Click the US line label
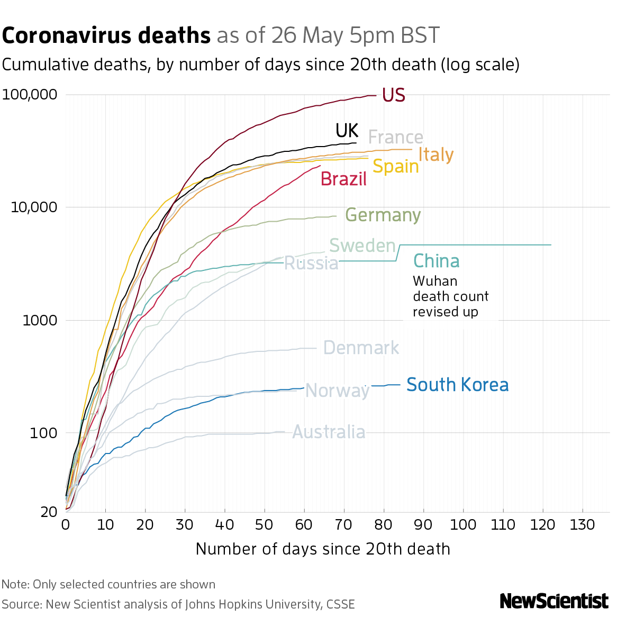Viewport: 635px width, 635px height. pyautogui.click(x=393, y=95)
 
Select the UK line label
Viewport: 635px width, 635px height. pyautogui.click(x=347, y=131)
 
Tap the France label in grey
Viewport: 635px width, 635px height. pyautogui.click(x=395, y=138)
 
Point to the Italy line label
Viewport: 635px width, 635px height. pyautogui.click(x=436, y=155)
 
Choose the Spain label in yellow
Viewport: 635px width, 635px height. pyautogui.click(x=395, y=167)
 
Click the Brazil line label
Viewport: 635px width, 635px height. pyautogui.click(x=343, y=179)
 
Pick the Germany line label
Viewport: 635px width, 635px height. pyautogui.click(x=383, y=215)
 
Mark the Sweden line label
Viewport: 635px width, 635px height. pyautogui.click(x=362, y=246)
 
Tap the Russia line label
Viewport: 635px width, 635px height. pyautogui.click(x=311, y=263)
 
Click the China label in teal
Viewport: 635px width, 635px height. pyautogui.click(x=436, y=261)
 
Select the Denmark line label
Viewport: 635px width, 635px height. pyautogui.click(x=361, y=348)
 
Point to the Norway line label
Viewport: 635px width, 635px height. pyautogui.click(x=337, y=391)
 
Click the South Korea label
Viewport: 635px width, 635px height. pyautogui.click(x=458, y=385)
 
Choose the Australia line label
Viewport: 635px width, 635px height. pyautogui.click(x=329, y=432)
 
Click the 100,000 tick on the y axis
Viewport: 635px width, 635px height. pyautogui.click(x=30, y=95)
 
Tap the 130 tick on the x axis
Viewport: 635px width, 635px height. pyautogui.click(x=583, y=525)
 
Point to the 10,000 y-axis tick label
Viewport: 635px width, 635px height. pyautogui.click(x=33, y=207)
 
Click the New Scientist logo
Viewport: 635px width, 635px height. pyautogui.click(x=554, y=601)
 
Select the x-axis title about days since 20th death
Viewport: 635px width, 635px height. pyautogui.click(x=323, y=549)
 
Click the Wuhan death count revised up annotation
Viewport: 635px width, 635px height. pyautogui.click(x=450, y=296)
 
